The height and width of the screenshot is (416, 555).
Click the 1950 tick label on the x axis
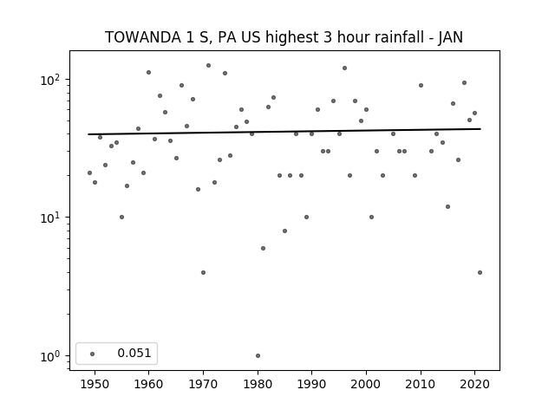point(95,384)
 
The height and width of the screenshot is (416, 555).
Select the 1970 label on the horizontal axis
point(203,384)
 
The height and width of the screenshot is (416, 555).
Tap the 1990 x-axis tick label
point(312,384)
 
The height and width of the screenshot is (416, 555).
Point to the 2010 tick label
point(421,384)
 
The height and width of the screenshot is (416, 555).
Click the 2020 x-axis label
point(474,384)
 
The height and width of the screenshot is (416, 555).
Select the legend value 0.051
point(134,353)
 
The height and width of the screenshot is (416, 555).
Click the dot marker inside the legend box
point(93,354)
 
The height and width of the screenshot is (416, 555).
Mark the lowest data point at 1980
point(258,356)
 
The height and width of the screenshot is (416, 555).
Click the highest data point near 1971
point(208,66)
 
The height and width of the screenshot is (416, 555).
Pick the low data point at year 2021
point(480,272)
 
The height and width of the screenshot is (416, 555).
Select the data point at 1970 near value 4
point(203,272)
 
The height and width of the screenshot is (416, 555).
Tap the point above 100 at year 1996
point(344,68)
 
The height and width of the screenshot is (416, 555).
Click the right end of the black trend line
point(480,129)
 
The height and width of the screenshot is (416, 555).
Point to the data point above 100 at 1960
point(148,73)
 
